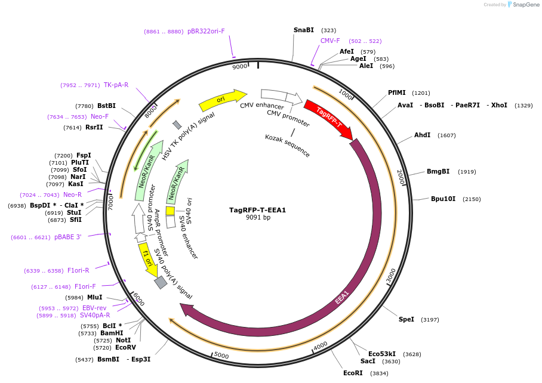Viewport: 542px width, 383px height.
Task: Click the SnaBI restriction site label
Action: pos(303,30)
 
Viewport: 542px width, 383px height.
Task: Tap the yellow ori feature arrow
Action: pos(222,100)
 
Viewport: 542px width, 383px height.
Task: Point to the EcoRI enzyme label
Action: pos(353,373)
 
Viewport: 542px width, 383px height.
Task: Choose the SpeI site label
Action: pos(406,319)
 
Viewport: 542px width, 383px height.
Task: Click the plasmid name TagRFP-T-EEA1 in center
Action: pos(258,210)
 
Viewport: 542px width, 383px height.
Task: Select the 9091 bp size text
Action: pos(258,218)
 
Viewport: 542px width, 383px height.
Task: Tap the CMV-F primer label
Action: pos(330,41)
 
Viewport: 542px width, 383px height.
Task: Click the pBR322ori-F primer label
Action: pos(206,31)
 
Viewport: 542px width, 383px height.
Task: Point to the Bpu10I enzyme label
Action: pos(443,199)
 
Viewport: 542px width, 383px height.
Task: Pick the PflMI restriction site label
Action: pos(396,92)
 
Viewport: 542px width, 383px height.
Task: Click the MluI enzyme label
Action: pos(94,297)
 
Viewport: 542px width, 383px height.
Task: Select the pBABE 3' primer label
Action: pos(67,237)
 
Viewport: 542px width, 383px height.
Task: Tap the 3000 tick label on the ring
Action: pos(391,276)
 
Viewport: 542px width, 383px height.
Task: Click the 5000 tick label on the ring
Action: pos(221,356)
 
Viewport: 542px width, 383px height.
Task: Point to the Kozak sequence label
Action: pos(288,146)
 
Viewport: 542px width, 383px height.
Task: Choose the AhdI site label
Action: pos(422,135)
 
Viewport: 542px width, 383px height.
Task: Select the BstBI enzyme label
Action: pos(106,106)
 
